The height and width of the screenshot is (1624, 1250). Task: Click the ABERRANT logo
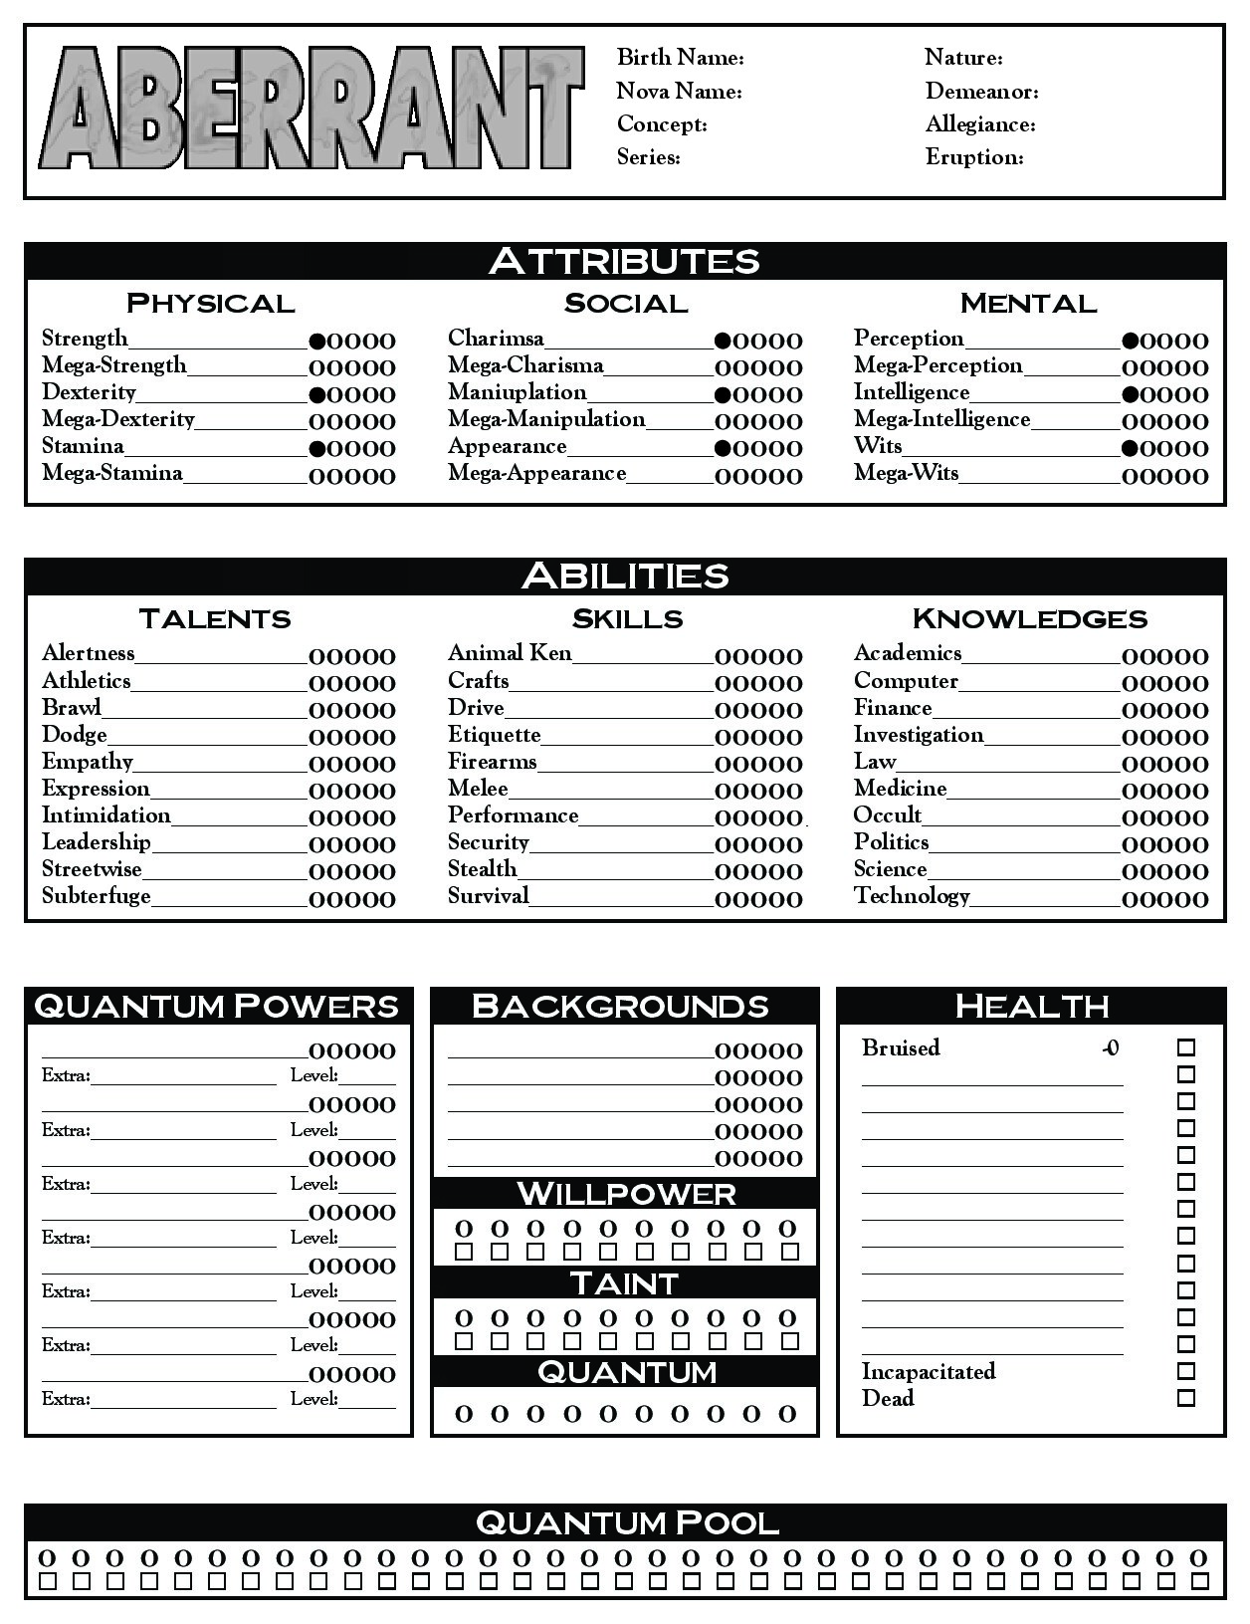(311, 109)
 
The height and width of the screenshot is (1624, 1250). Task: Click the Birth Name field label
(680, 58)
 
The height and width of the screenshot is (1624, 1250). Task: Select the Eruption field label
(974, 157)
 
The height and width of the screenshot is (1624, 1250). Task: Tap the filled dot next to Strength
(317, 341)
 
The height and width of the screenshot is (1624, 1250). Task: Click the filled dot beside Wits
(1130, 448)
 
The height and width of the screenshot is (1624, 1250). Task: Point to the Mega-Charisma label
(525, 365)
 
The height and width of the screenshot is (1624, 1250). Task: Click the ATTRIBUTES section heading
(624, 261)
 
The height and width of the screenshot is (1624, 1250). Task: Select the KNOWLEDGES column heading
(1029, 618)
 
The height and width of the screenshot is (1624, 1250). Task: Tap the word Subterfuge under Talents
(97, 896)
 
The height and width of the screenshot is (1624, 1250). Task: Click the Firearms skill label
(492, 762)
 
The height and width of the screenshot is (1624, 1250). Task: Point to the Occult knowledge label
(888, 815)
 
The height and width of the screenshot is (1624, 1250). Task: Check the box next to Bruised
(1185, 1047)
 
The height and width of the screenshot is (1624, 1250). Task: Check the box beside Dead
(1185, 1398)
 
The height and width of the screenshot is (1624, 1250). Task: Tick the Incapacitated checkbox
(1185, 1371)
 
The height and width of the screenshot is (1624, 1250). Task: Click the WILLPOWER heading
(626, 1193)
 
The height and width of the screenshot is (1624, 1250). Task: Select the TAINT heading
(625, 1282)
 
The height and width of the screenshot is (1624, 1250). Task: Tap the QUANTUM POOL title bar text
(626, 1522)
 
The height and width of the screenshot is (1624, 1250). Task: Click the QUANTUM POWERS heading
(217, 1006)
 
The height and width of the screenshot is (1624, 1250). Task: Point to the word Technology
(912, 896)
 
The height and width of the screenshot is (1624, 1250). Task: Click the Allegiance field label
(980, 124)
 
